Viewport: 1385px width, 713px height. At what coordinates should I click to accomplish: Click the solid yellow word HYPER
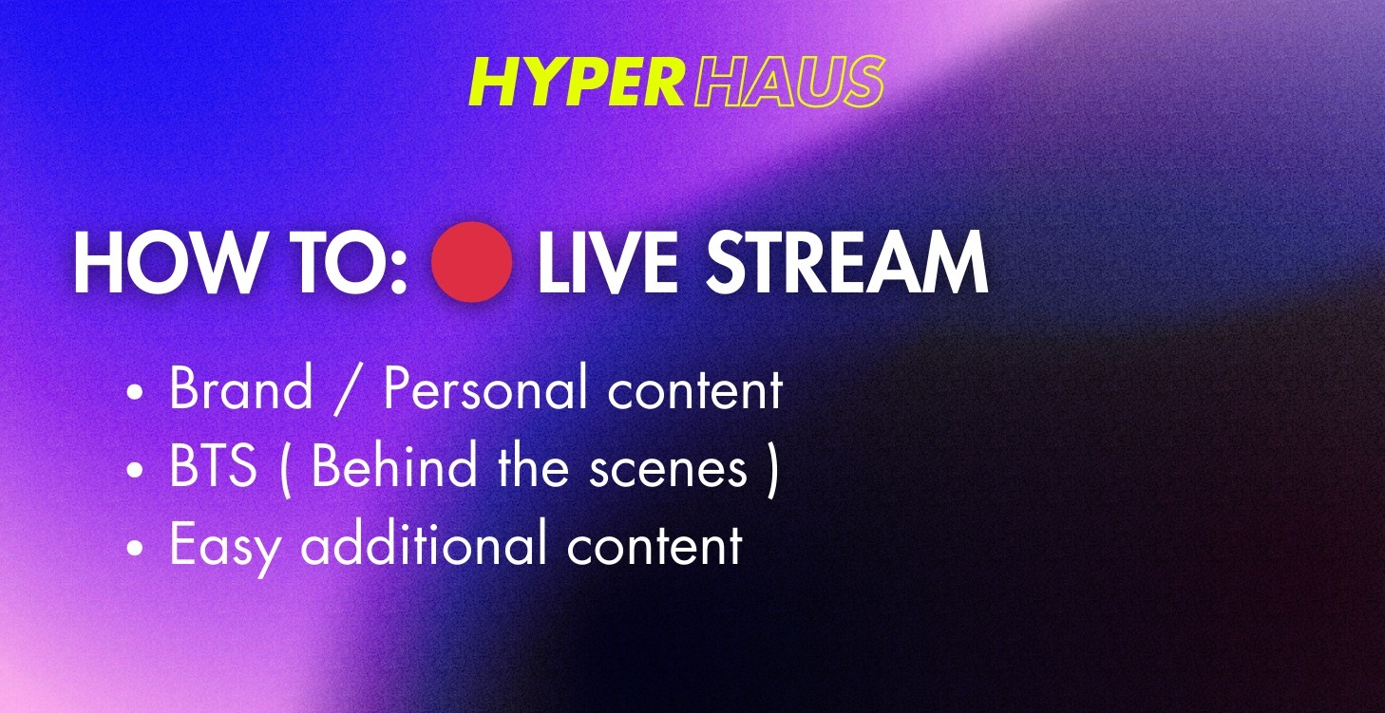577,82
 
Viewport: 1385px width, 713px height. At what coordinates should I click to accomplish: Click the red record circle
472,262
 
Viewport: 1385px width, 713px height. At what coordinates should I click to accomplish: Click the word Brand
240,389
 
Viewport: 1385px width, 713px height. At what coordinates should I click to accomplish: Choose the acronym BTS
213,468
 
